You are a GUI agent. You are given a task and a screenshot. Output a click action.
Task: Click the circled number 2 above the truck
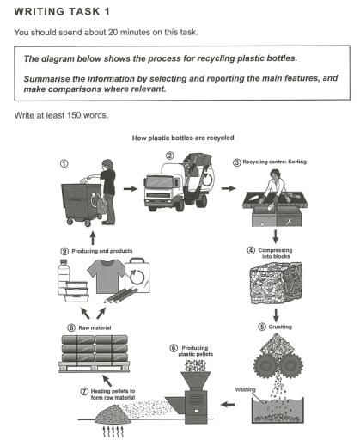coord(170,156)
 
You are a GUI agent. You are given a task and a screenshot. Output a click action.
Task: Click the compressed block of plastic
coord(277,285)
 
